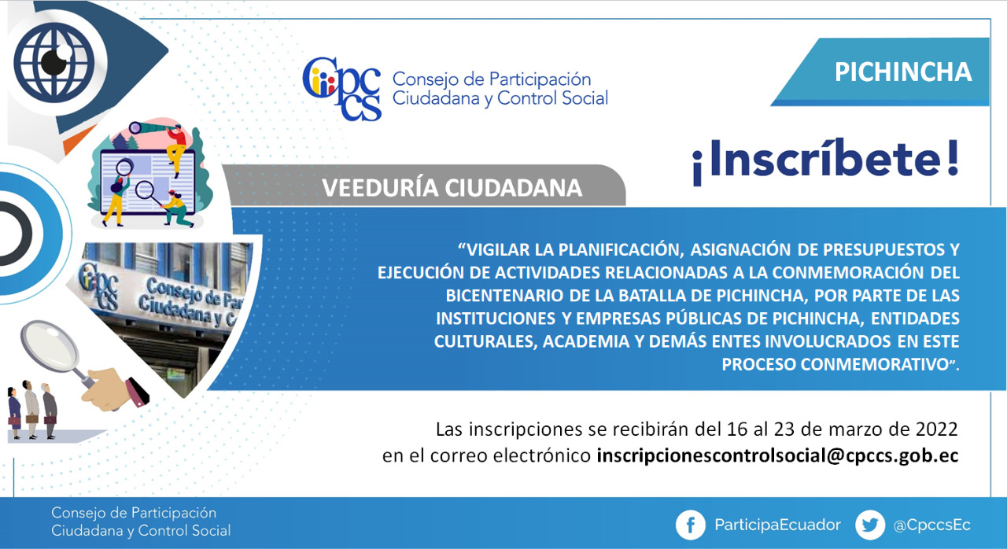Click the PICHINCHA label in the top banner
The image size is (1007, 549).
(x=903, y=72)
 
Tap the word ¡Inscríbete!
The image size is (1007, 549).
(x=826, y=160)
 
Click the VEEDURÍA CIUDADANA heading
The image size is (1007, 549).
(x=452, y=188)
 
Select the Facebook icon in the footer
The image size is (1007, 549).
(x=690, y=525)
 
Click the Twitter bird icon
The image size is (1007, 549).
(x=870, y=525)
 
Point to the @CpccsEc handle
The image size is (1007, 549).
(x=932, y=525)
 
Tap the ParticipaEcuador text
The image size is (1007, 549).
(x=778, y=525)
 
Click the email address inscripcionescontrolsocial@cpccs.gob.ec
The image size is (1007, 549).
(x=778, y=455)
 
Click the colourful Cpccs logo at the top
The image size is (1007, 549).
(x=341, y=89)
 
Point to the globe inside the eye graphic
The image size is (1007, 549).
(x=54, y=62)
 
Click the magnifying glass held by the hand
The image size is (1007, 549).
(x=56, y=354)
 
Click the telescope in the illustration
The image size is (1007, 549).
(x=149, y=127)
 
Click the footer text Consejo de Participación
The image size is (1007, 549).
(x=134, y=513)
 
